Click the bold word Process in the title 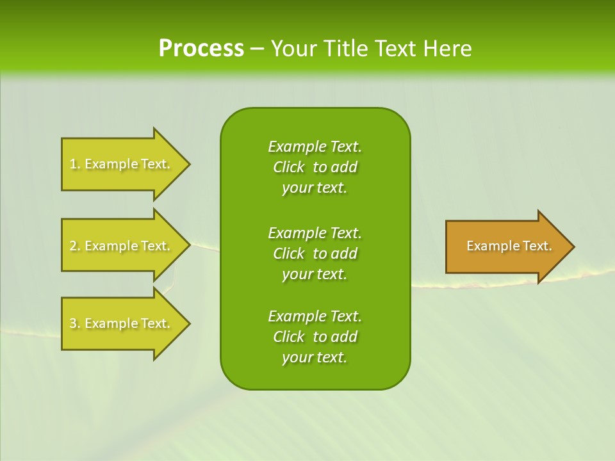coord(201,49)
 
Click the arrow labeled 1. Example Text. coord(120,164)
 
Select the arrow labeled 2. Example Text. coord(120,246)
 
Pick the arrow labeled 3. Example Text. coord(120,323)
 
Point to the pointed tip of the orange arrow coord(572,247)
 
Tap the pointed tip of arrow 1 coord(188,164)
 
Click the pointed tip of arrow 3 coord(188,323)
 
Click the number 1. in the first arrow coord(75,165)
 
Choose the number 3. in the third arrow coord(75,324)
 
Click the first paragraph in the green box coord(315,167)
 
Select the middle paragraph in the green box coord(315,254)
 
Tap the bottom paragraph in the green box coord(315,337)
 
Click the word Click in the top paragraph coord(288,167)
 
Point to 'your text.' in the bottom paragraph coord(315,357)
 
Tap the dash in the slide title coord(257,49)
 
